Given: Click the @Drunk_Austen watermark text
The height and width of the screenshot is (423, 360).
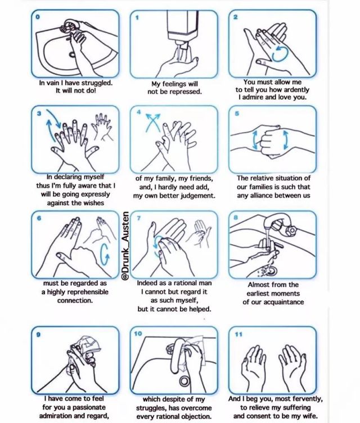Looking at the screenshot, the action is tap(125, 245).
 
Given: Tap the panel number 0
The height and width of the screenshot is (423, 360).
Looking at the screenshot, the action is tap(38, 17).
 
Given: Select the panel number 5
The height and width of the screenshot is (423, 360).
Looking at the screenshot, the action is tap(237, 113).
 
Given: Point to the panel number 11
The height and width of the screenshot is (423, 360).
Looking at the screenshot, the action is tap(238, 334).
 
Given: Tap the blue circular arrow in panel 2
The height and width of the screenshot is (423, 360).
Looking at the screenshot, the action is tap(280, 54).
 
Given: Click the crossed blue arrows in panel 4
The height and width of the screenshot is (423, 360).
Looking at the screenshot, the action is tap(152, 122).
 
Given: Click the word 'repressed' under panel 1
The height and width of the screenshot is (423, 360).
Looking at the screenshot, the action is tap(187, 92).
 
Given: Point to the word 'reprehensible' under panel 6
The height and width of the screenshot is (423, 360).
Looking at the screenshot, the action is tap(87, 292).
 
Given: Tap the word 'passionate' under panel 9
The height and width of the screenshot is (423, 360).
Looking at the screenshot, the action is tap(88, 407).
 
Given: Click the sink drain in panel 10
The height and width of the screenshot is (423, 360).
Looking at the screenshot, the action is tap(184, 381).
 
